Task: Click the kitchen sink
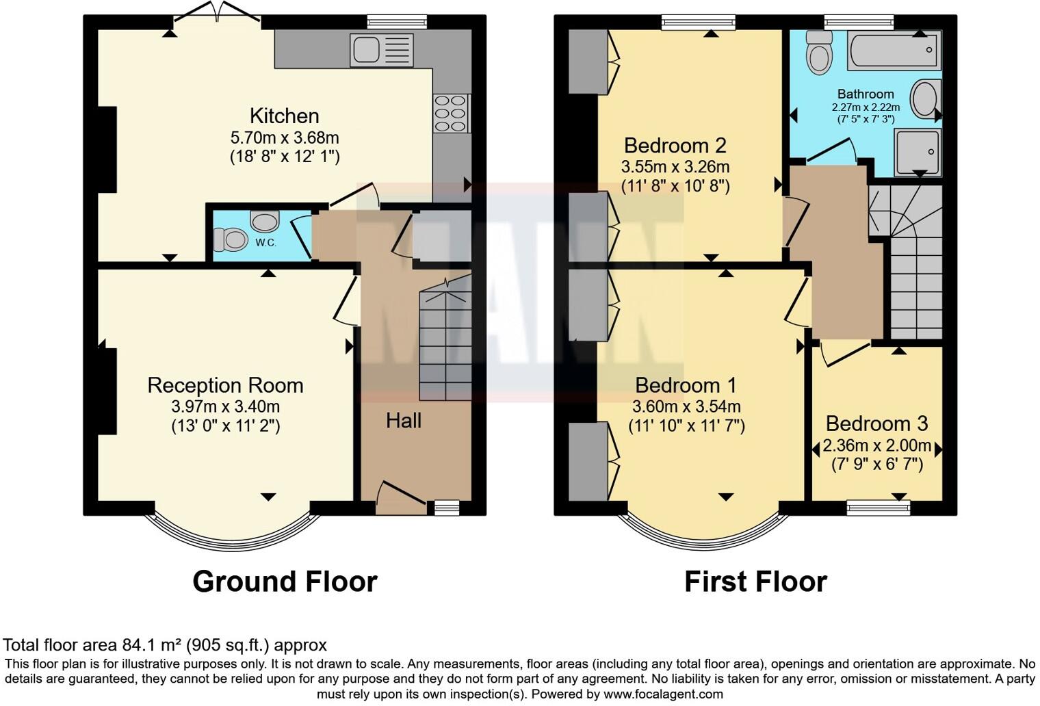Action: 381,50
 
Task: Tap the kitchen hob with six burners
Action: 451,114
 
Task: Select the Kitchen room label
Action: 284,116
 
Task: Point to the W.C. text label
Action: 266,243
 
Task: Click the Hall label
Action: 403,420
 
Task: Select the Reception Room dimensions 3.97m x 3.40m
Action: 225,406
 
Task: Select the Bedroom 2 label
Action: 675,145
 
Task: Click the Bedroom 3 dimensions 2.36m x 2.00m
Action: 876,446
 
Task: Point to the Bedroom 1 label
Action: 686,385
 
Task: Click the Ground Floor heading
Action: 285,581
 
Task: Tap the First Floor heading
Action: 755,581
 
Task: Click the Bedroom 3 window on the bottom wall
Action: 878,507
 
